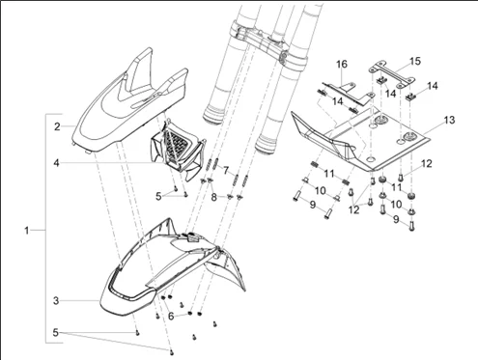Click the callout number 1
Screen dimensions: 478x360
pos(27,231)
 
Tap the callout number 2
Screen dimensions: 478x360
pos(57,126)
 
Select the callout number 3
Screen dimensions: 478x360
pos(56,301)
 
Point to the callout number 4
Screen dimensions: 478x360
pos(57,163)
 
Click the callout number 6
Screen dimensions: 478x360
pos(171,317)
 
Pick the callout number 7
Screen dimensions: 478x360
pos(226,170)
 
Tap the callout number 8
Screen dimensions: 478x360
pos(214,197)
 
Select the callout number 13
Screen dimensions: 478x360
pos(450,120)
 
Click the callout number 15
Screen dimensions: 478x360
pos(415,61)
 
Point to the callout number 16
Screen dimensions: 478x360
pos(342,65)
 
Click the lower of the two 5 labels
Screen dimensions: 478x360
pos(56,333)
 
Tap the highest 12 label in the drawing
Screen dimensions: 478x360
pos(427,163)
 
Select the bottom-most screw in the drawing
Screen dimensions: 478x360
pos(171,352)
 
